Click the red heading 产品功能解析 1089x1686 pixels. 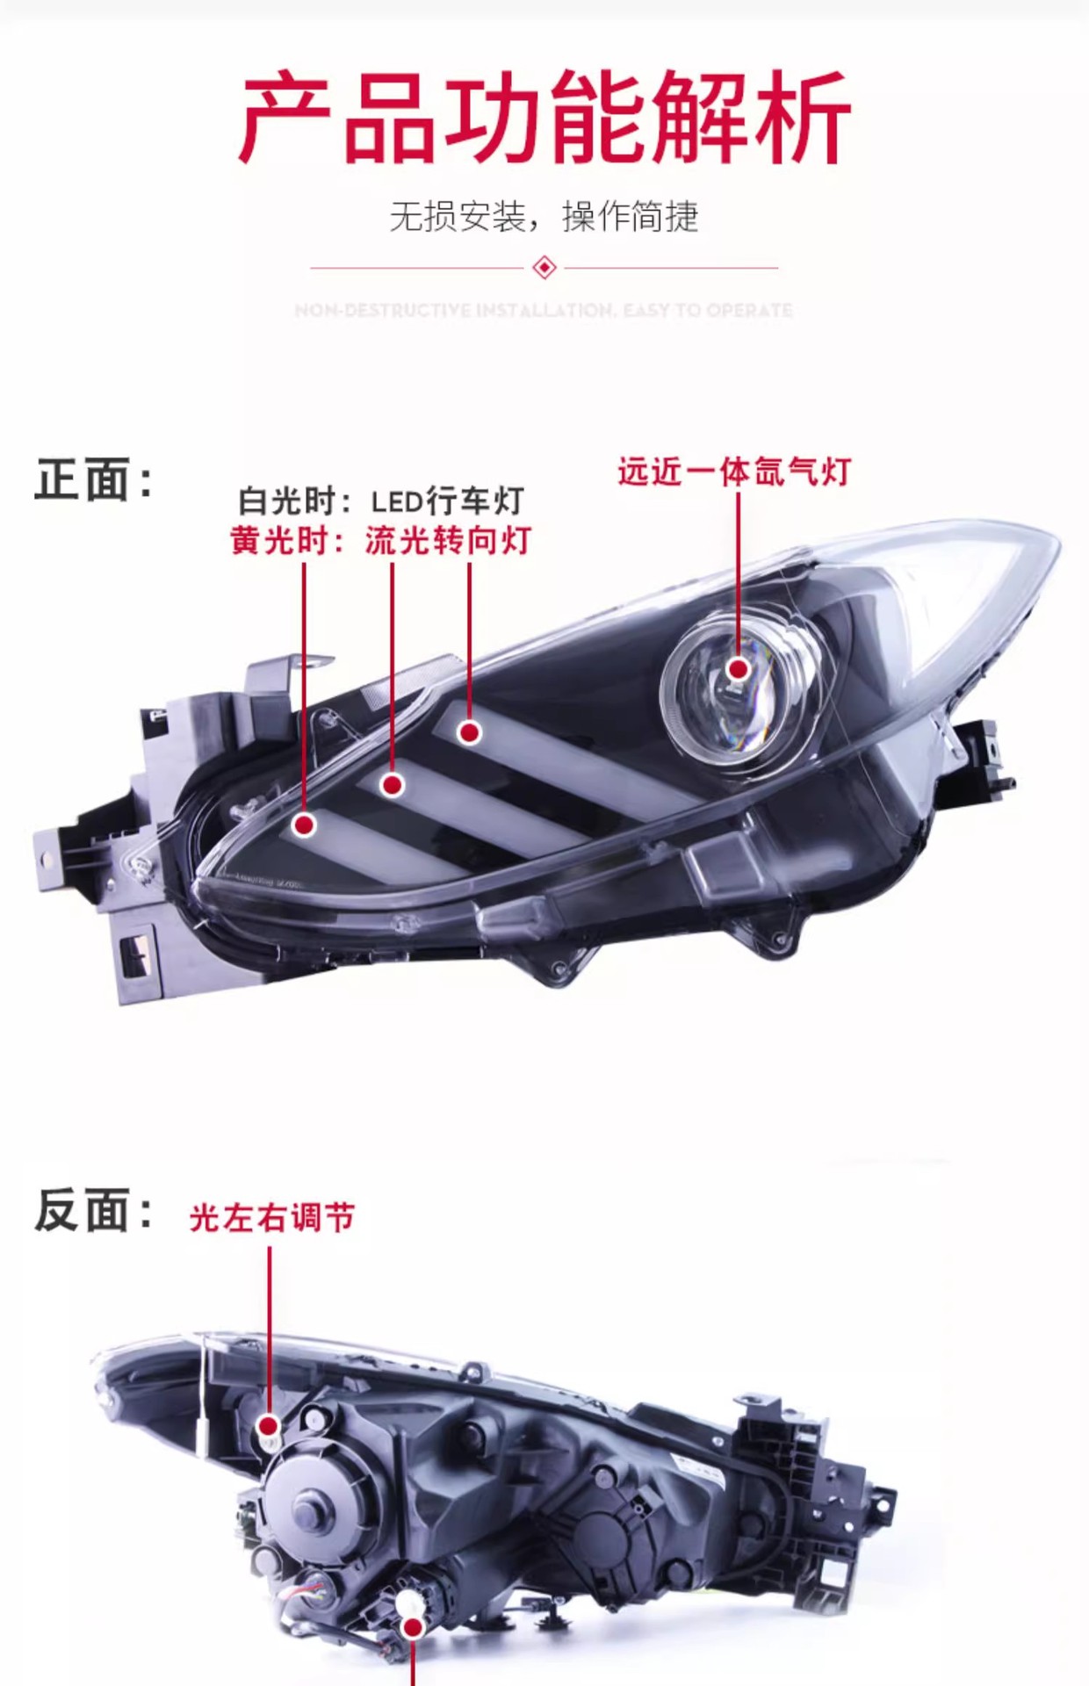[x=544, y=119]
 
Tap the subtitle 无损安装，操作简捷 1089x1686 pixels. [x=544, y=216]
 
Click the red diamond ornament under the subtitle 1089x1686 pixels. [x=544, y=267]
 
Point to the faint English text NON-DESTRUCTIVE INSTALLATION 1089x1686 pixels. [x=544, y=310]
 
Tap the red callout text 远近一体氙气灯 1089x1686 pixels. [x=734, y=472]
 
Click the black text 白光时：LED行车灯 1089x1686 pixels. [x=381, y=501]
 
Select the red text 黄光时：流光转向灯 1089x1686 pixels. [x=381, y=541]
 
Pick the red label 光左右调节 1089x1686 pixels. [x=272, y=1218]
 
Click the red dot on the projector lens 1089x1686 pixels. [x=739, y=669]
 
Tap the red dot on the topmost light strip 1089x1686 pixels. [x=470, y=732]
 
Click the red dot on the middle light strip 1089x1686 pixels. [x=393, y=784]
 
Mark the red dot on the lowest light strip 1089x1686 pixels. [x=305, y=825]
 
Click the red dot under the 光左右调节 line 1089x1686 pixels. [x=269, y=1426]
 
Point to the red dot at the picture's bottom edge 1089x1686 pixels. [x=413, y=1628]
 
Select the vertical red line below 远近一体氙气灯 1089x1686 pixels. [x=738, y=571]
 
